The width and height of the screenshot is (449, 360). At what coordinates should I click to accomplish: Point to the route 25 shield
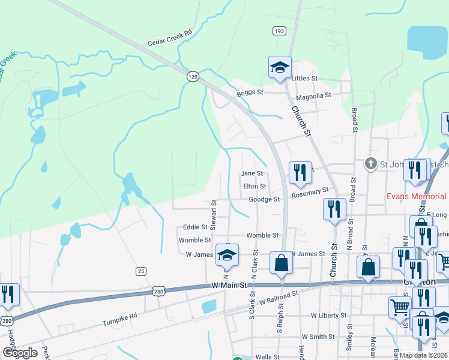coord(141,271)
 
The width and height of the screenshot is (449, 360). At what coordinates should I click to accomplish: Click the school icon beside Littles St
coord(280,67)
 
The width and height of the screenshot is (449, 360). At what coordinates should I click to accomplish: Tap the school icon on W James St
coord(227,256)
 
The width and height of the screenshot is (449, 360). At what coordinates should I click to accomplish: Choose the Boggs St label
coord(250,92)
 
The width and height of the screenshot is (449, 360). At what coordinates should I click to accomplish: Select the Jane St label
coord(252,173)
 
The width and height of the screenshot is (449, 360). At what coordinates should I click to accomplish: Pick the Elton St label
coord(255,187)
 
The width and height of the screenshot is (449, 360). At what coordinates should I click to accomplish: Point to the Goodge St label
coord(265,199)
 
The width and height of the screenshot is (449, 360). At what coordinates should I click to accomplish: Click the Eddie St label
coord(196,227)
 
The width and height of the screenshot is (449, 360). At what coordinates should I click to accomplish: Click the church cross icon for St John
coord(371,163)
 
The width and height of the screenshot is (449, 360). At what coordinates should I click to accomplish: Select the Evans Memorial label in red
coord(417,196)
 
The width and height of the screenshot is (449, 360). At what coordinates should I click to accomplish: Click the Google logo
coord(20,353)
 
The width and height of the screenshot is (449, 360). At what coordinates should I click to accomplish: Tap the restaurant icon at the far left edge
coord(8,294)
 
